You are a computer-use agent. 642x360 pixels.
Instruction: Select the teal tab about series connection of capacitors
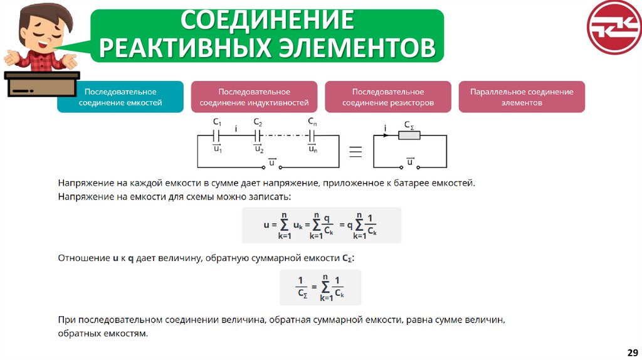coord(120,97)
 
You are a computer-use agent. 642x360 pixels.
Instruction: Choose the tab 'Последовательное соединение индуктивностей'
coord(254,97)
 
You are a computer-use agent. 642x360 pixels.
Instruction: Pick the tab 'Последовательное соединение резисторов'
coord(387,97)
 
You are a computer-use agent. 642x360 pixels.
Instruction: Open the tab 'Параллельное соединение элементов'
coord(522,97)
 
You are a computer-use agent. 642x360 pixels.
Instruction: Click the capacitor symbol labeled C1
coord(217,135)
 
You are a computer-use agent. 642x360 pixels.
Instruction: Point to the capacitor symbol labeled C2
coord(258,135)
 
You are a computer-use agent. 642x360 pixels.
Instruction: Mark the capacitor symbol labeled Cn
coord(312,135)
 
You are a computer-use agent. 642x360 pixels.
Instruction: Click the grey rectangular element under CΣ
coord(409,135)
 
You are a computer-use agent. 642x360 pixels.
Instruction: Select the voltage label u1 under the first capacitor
coord(217,149)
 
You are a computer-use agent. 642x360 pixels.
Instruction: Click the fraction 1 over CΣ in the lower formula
coord(301,287)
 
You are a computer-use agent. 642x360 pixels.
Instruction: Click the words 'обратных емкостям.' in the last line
coord(103,334)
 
